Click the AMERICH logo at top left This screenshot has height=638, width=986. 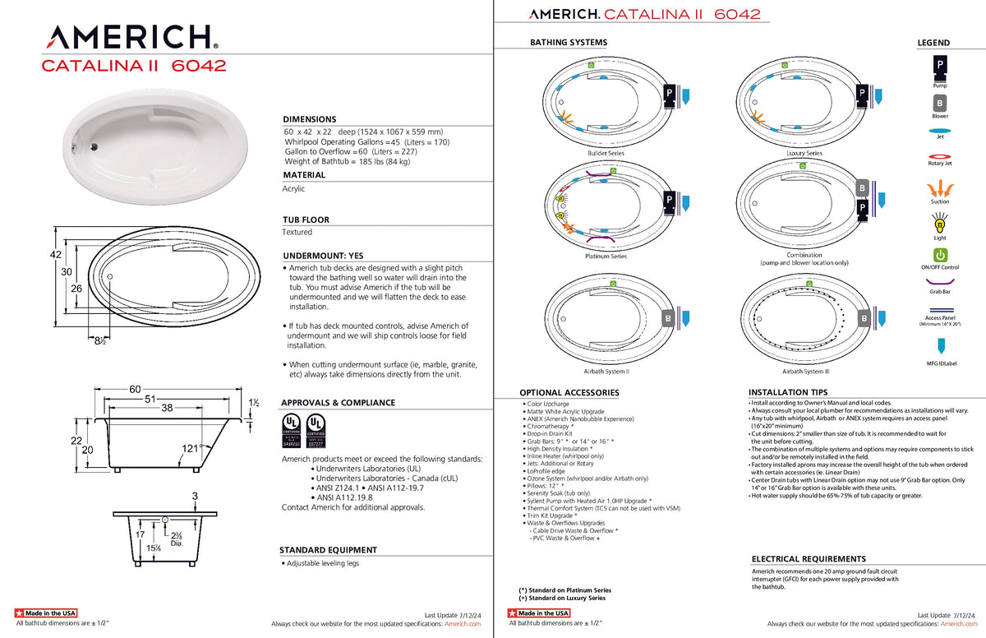[131, 36]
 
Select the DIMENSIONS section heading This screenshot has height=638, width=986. [309, 119]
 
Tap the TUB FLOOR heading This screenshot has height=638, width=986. [306, 220]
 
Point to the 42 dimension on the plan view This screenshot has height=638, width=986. [56, 255]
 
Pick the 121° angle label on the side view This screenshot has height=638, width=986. [192, 449]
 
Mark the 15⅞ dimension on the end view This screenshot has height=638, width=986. [153, 548]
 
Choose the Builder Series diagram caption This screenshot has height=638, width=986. [606, 154]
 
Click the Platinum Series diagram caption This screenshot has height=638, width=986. [606, 257]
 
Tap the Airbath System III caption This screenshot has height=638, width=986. [804, 371]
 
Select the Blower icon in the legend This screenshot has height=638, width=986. [939, 104]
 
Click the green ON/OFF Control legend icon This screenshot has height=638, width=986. [940, 255]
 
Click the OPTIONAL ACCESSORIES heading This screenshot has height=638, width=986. [569, 393]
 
